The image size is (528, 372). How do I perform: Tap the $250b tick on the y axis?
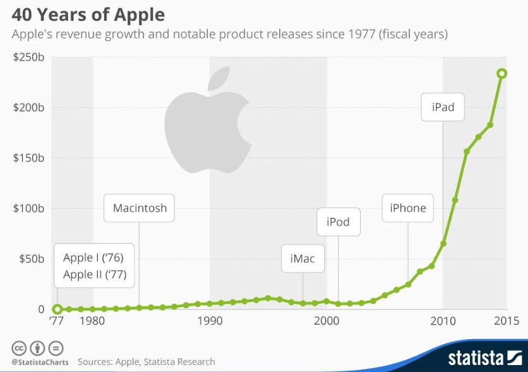(28, 57)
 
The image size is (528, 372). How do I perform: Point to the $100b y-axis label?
(28, 208)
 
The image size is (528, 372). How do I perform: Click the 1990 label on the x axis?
(210, 321)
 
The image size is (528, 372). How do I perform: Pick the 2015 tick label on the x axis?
(506, 321)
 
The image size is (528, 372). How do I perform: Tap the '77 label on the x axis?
(57, 321)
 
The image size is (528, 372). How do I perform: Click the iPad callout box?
(443, 107)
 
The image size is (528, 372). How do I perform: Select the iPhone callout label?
(408, 208)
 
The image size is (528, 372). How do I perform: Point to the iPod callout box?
(338, 222)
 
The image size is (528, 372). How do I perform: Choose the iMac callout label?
(303, 259)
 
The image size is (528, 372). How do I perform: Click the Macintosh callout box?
(140, 208)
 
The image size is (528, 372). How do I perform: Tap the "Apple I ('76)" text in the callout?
(93, 257)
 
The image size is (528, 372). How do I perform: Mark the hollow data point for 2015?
(501, 74)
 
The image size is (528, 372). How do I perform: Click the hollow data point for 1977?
(57, 309)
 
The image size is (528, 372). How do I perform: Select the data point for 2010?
(443, 243)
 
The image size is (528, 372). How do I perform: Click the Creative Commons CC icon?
(19, 347)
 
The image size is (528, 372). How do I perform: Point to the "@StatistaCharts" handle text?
(39, 362)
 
